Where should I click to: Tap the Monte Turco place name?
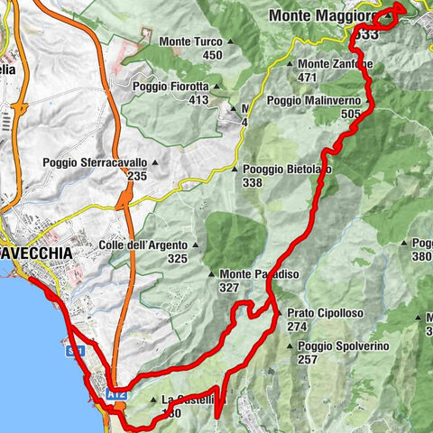tap(190, 41)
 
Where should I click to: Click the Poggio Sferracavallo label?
tap(95, 163)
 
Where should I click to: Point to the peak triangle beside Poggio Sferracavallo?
tap(154, 163)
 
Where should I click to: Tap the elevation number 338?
tap(253, 183)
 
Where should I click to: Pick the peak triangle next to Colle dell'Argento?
tap(197, 245)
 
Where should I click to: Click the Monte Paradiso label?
tap(261, 274)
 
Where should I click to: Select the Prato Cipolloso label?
tap(325, 313)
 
